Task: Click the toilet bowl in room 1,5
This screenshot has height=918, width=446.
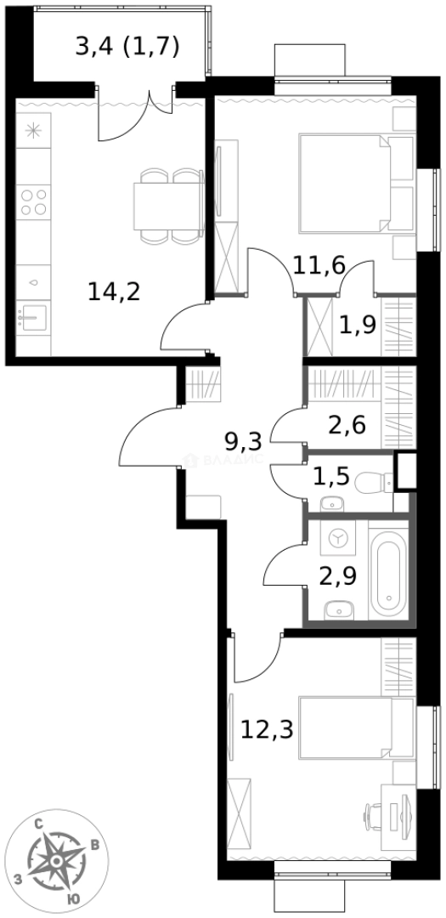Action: tap(372, 484)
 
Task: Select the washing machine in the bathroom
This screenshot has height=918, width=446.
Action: tap(338, 539)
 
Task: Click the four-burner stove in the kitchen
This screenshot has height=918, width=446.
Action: tap(34, 202)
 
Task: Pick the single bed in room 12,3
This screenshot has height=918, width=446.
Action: tap(348, 727)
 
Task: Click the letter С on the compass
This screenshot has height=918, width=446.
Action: tap(38, 823)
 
